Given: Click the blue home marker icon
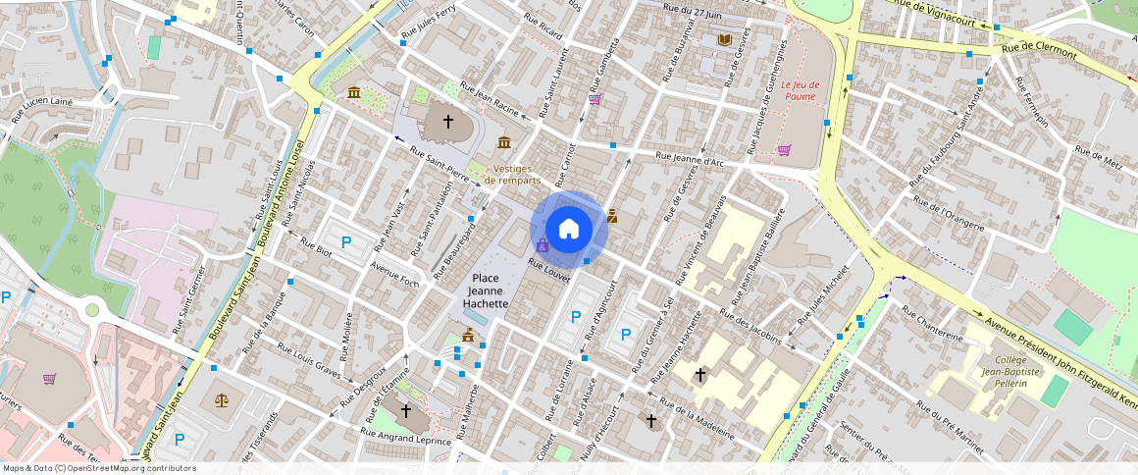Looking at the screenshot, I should pyautogui.click(x=569, y=229).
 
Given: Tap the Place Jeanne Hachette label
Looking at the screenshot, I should pyautogui.click(x=487, y=290).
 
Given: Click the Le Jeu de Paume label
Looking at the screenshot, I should pyautogui.click(x=800, y=90).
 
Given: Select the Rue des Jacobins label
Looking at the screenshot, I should pyautogui.click(x=750, y=327).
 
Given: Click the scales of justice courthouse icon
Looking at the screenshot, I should pyautogui.click(x=221, y=400).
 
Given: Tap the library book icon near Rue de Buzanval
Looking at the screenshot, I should pyautogui.click(x=725, y=39).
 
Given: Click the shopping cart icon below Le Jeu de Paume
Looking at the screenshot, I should pyautogui.click(x=784, y=150).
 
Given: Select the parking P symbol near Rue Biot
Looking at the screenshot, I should pyautogui.click(x=345, y=242).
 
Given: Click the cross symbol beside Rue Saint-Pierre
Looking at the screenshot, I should pyautogui.click(x=448, y=122).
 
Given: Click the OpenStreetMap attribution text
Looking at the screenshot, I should pyautogui.click(x=98, y=468).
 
